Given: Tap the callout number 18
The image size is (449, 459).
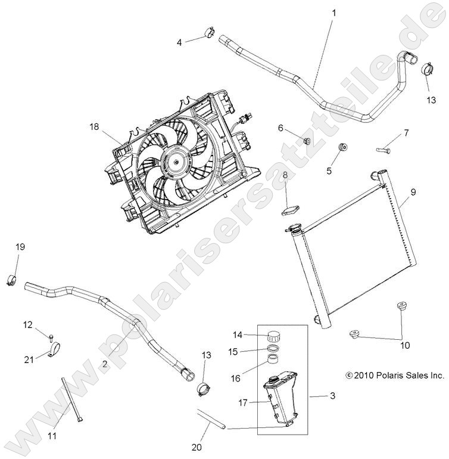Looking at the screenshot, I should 94,126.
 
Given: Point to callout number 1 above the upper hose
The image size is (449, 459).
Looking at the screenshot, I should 334,12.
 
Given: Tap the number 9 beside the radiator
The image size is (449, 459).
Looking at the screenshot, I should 413,191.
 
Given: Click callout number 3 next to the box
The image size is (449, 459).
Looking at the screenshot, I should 332,396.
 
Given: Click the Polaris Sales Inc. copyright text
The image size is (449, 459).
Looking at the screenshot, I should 395,376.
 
